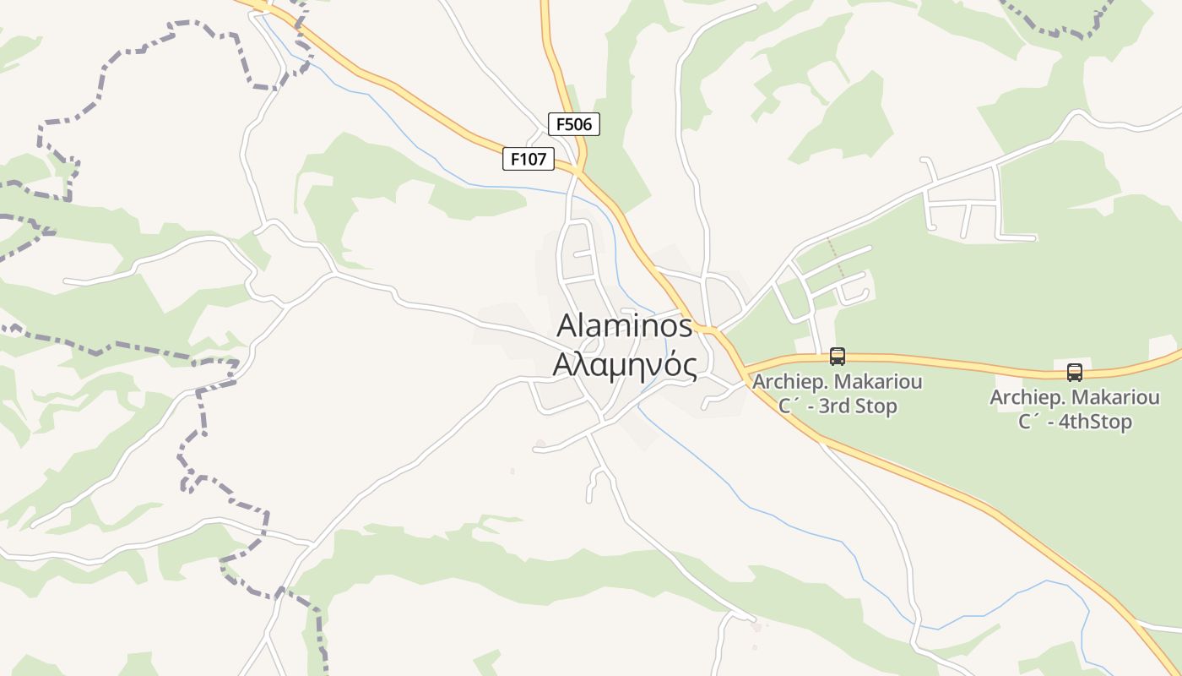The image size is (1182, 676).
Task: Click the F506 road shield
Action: coord(574,124)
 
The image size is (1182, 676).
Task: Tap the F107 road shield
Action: coord(529,158)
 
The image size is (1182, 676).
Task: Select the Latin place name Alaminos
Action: coord(625,326)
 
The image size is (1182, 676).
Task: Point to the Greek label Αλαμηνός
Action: coord(625,365)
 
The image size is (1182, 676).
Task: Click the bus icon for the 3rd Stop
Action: coord(838,357)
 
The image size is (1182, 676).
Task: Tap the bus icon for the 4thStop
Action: coord(1074,372)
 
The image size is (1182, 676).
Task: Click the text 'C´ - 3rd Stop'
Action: coord(838,406)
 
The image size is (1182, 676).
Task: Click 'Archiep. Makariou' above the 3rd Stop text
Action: coord(838,382)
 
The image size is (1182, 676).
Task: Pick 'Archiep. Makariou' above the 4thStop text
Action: coord(1074,397)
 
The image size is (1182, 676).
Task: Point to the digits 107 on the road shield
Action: coord(533,158)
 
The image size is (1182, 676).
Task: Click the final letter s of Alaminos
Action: coord(685,327)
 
